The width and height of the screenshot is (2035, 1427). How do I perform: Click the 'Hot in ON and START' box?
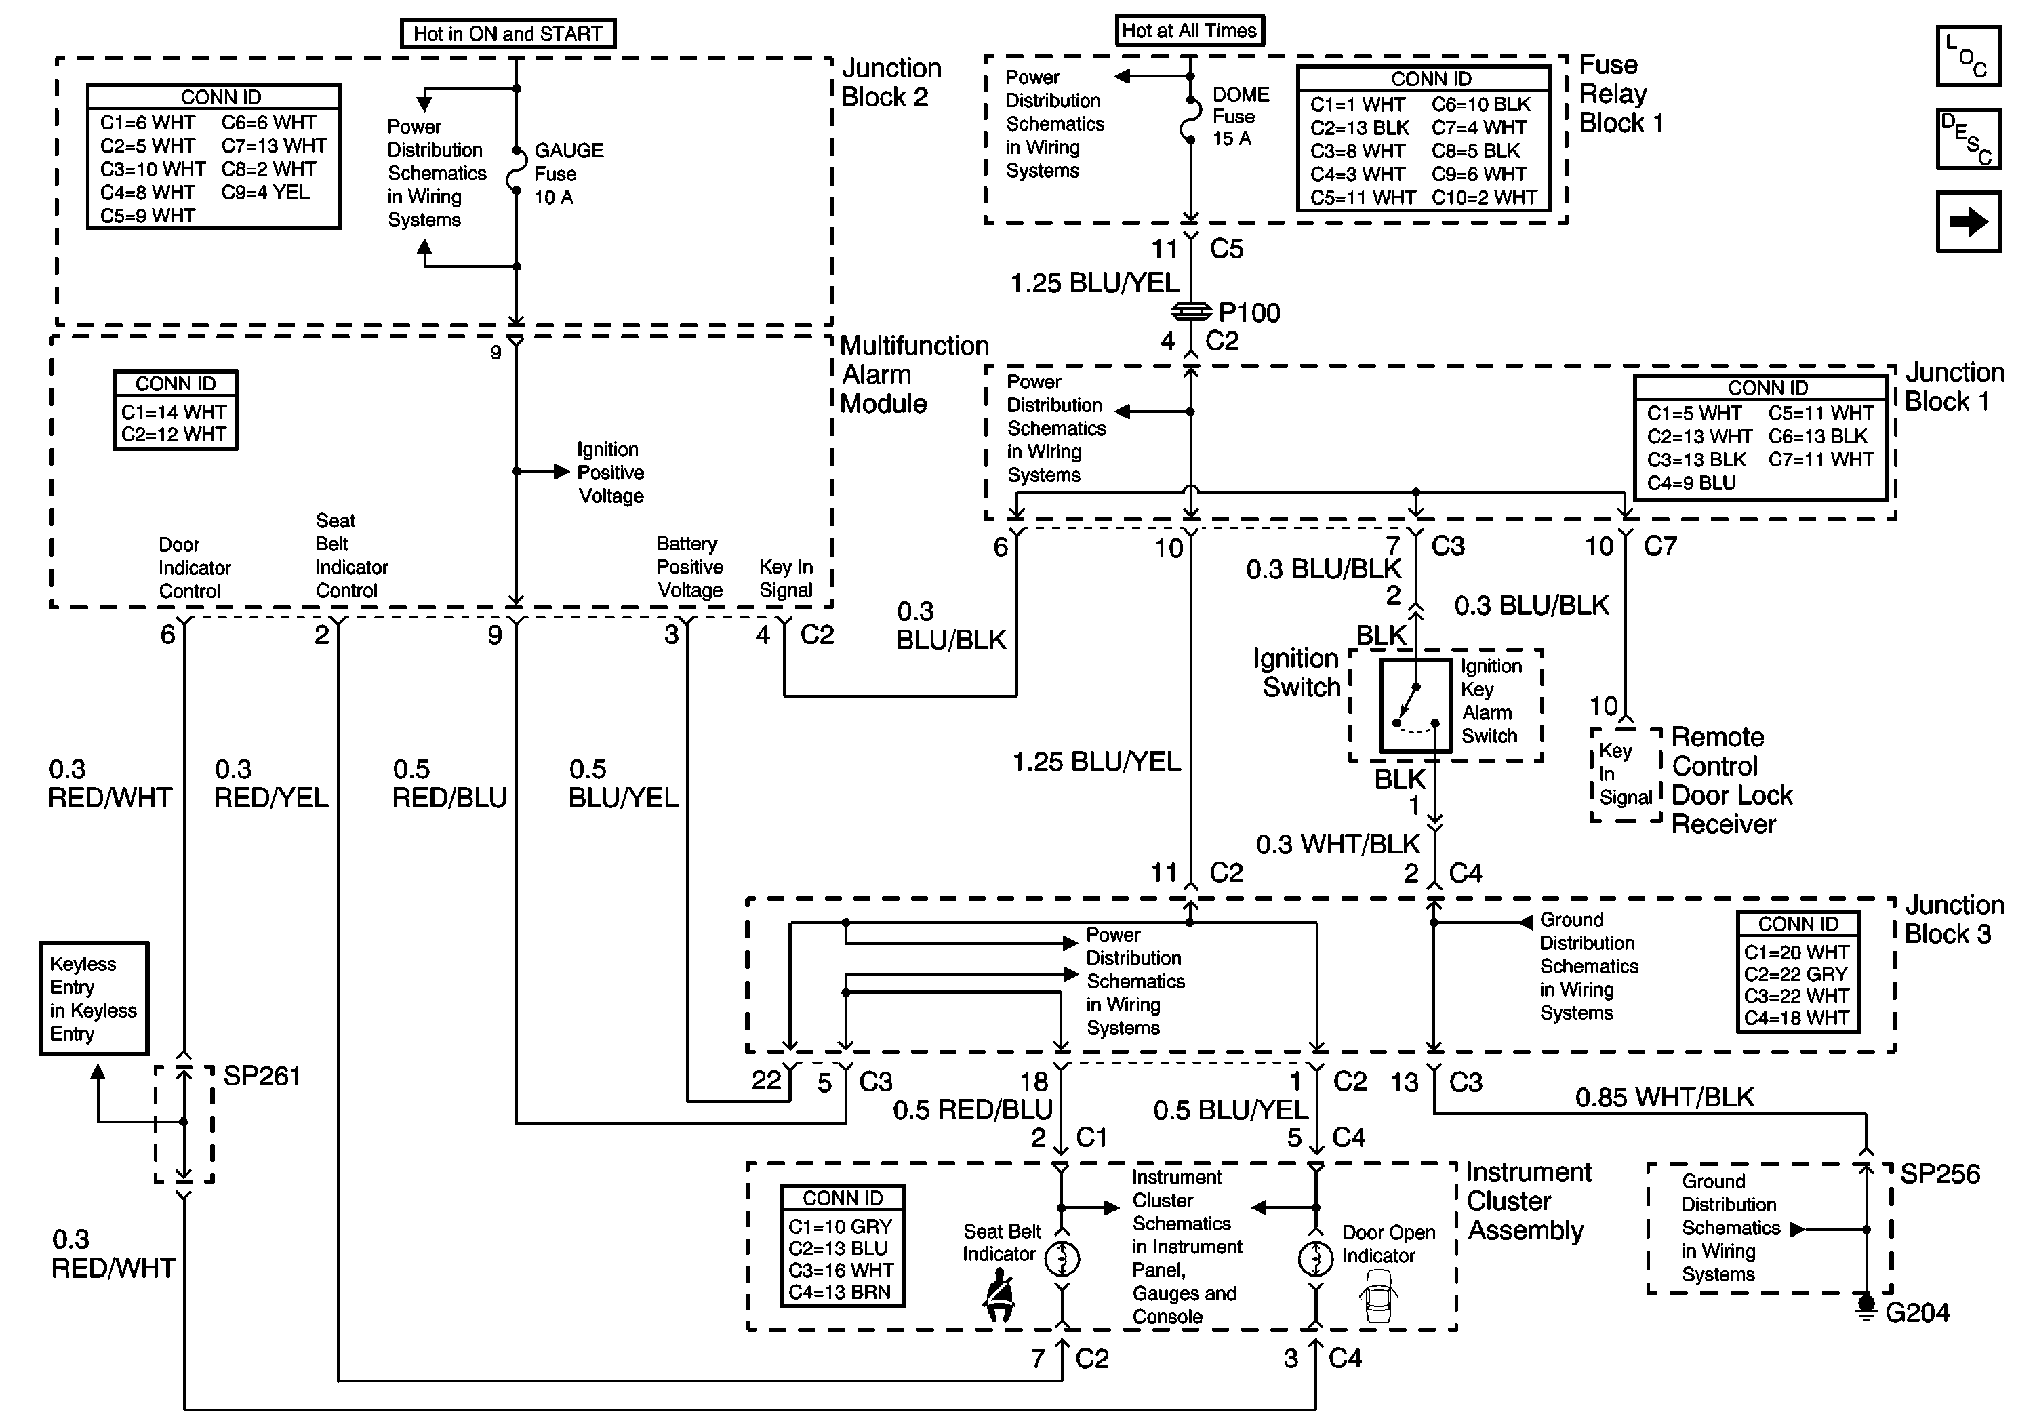click(x=508, y=34)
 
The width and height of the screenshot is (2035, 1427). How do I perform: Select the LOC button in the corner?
click(x=1968, y=57)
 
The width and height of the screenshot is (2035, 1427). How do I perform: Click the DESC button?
click(x=1968, y=139)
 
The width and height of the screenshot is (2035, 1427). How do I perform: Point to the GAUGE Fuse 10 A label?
click(x=568, y=174)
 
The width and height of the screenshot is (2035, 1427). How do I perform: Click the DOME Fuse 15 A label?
click(x=1240, y=116)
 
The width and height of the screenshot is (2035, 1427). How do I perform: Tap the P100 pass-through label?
click(x=1249, y=313)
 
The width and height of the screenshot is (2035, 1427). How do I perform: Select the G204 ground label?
click(x=1916, y=1312)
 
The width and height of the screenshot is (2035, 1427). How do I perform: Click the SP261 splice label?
click(x=262, y=1076)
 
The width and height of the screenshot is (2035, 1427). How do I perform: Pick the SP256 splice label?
click(x=1939, y=1174)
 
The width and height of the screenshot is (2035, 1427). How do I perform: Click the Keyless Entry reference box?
click(x=94, y=998)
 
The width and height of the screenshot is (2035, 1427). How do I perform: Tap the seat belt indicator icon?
click(x=1000, y=1295)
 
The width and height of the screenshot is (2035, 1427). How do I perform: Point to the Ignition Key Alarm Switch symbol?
click(x=1415, y=704)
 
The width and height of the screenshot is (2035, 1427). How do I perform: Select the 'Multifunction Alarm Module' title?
click(x=914, y=374)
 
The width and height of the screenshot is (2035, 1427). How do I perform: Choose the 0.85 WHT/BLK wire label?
click(x=1664, y=1098)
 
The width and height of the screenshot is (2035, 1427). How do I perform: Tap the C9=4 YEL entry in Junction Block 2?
click(x=265, y=193)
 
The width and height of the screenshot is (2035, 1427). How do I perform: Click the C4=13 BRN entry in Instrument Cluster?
click(x=839, y=1292)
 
